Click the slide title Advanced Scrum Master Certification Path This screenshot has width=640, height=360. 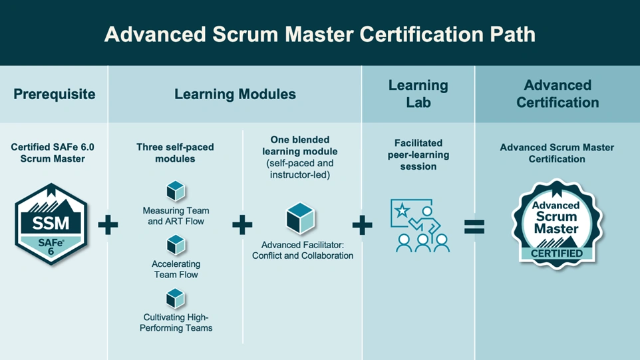pos(319,34)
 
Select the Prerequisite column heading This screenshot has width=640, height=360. pos(54,94)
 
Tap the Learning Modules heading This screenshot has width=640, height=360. pos(235,94)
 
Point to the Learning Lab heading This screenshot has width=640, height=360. pos(418,94)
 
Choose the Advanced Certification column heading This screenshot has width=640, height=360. pos(558,94)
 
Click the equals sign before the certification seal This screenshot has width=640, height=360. pos(474,228)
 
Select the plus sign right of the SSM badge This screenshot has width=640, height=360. pos(108,226)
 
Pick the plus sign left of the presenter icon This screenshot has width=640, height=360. pos(362,226)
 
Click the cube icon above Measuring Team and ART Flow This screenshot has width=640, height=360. pos(176,192)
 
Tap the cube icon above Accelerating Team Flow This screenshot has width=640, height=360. pos(176,246)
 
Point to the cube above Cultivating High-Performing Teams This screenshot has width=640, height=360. pos(176,298)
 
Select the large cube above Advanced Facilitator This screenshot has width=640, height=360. pos(300,218)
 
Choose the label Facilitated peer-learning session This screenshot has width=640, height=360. pos(418,154)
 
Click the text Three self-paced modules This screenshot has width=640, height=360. pos(175,153)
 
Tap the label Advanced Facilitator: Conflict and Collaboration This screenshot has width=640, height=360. pos(303,250)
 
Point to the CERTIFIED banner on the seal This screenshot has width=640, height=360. pos(557,253)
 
